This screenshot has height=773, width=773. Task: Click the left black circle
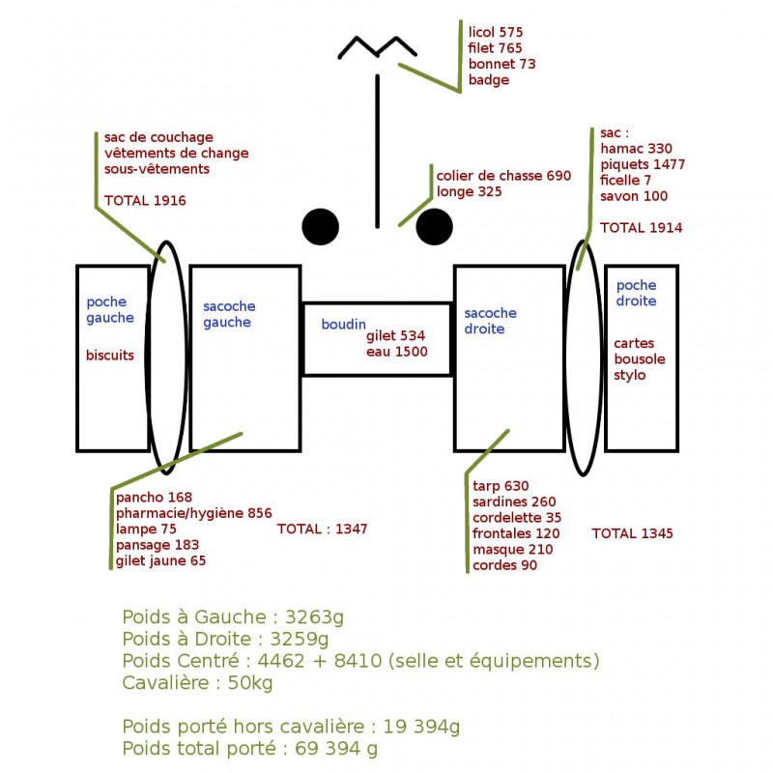321,227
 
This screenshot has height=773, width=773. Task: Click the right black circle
434,227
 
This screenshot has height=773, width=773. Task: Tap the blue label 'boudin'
344,324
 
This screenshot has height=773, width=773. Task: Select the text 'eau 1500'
397,352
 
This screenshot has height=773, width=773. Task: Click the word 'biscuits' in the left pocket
110,355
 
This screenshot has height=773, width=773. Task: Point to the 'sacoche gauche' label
229,314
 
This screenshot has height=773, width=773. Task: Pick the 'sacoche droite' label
491,321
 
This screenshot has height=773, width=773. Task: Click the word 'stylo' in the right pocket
630,375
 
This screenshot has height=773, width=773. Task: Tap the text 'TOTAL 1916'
145,201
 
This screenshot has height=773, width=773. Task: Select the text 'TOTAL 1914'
641,228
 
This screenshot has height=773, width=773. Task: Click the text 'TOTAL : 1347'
322,529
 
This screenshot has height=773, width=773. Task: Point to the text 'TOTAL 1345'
633,533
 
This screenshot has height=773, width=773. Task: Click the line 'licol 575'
496,32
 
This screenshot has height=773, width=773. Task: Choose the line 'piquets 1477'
643,164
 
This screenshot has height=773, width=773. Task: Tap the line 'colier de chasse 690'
503,176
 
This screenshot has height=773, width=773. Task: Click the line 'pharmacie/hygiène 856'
194,513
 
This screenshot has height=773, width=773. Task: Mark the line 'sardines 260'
514,501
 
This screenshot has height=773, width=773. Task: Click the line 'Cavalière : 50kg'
197,683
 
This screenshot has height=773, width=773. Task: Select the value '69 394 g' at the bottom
336,748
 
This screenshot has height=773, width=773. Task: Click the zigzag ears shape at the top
377,46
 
